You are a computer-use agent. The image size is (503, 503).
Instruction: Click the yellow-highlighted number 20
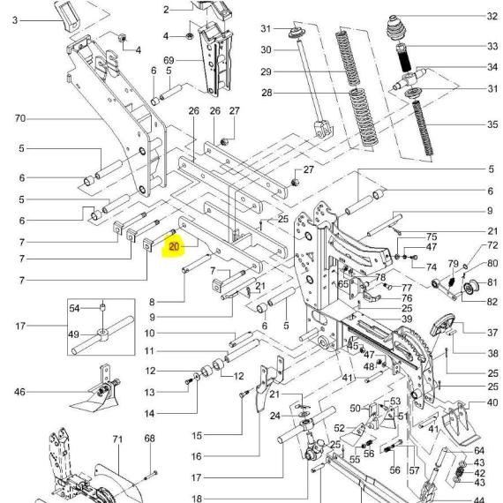pos(174,247)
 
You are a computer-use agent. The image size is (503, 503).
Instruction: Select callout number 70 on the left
pos(20,118)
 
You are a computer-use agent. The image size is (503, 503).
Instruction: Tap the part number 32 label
pos(492,16)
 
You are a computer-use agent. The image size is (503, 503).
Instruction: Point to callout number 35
pos(492,124)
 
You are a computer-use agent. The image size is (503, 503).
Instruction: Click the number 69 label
pos(169,60)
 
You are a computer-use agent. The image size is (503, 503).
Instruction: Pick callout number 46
pos(19,392)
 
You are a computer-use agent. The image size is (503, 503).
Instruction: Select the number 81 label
pos(492,282)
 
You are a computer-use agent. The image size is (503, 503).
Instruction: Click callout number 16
pos(197,456)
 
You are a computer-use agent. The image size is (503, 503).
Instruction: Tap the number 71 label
pos(117,439)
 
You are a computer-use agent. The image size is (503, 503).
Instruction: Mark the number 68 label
pos(149,439)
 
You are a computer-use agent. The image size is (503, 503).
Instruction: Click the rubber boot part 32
pos(396,28)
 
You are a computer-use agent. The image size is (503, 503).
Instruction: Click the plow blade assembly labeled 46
pos(96,392)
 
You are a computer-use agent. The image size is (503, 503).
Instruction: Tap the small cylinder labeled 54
pos(102,308)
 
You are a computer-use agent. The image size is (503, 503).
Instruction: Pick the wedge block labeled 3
pos(68,17)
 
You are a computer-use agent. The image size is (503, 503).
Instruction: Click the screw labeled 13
pos(189,381)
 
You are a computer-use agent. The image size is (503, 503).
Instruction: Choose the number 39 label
pos(407,319)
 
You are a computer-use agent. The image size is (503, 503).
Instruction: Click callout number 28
pos(267,93)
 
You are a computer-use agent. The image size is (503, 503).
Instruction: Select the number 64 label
pos(479,451)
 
